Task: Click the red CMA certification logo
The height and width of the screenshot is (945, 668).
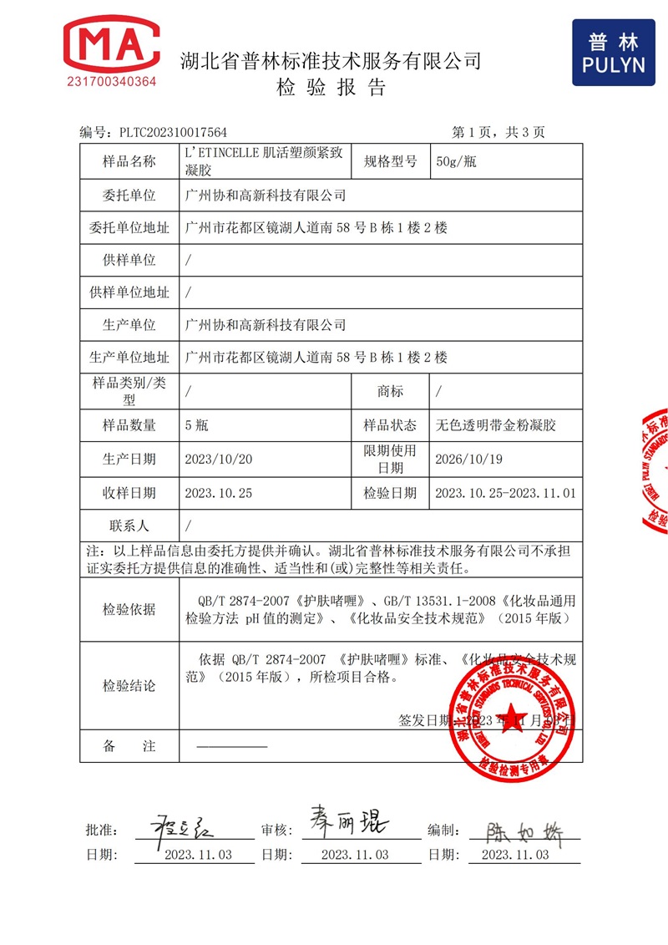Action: click(111, 47)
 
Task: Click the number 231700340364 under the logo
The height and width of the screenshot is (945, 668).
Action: click(111, 82)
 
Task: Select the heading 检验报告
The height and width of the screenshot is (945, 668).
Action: click(331, 89)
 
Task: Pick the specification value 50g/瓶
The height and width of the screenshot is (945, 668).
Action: click(456, 162)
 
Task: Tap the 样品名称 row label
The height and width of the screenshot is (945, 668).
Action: click(129, 162)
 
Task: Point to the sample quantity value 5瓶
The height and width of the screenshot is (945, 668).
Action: click(196, 425)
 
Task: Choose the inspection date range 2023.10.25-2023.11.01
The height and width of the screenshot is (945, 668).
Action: click(505, 493)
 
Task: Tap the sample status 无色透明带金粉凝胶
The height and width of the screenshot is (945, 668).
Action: click(496, 425)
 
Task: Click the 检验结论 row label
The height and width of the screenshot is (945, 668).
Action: click(129, 686)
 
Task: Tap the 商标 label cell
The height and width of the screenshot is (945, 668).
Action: click(390, 391)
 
